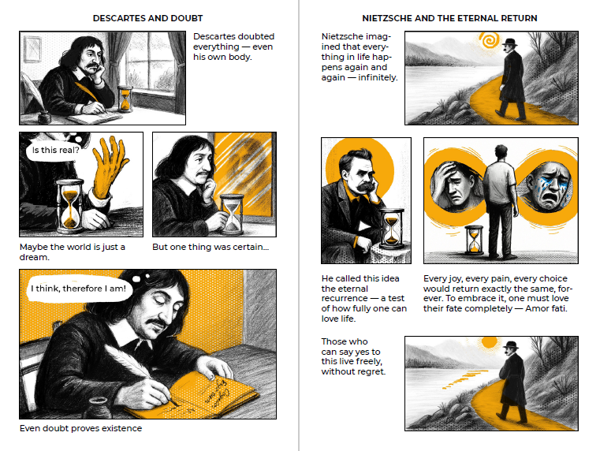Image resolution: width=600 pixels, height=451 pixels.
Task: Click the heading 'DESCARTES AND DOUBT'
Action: pos(147,18)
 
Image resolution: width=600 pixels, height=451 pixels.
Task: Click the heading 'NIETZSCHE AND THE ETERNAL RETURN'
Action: pos(449,18)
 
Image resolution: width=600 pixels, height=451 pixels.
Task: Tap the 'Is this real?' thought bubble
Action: pos(55,150)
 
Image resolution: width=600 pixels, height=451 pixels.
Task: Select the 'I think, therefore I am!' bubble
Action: pos(78,288)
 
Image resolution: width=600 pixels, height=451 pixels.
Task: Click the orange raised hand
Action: pos(109,168)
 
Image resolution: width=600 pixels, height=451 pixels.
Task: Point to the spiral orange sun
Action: pos(490,39)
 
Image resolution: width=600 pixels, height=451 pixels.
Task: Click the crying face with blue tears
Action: pos(548,186)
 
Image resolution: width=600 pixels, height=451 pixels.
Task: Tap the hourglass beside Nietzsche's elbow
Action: pos(391,229)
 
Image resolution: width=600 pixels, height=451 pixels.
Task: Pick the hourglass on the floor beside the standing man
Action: pos(474,240)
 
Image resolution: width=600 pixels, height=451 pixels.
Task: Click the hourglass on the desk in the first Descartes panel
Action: pos(125,99)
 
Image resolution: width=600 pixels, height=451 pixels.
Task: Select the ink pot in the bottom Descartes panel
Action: pos(97,408)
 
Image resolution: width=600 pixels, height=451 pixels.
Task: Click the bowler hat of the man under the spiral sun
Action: pos(509,42)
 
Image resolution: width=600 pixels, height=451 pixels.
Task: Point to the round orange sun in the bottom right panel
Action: pos(490,342)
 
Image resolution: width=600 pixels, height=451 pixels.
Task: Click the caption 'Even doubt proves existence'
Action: pos(80,428)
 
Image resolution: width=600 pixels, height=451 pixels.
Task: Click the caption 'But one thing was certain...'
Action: pos(211,247)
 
